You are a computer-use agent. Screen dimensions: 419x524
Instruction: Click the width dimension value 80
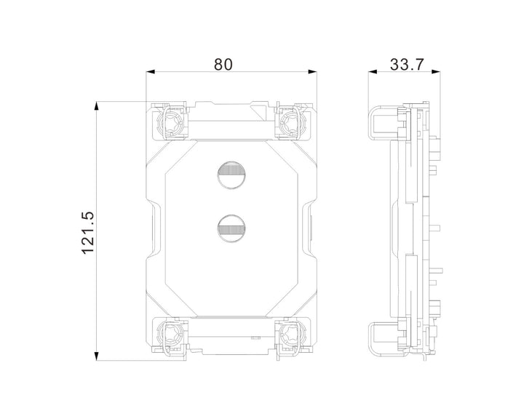223,64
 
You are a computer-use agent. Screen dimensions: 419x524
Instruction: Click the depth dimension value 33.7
407,64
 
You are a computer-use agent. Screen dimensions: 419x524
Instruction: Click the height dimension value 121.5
88,231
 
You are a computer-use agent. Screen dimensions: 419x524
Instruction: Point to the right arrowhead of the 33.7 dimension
439,72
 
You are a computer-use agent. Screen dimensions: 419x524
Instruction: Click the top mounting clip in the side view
386,121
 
